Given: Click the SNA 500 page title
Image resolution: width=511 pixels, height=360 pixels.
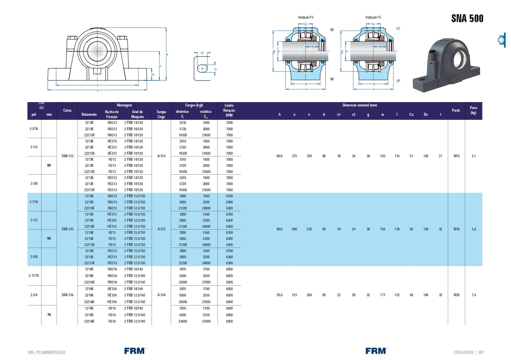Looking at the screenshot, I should click(467, 18).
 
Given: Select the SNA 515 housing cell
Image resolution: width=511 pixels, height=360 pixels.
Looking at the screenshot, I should click(67, 229).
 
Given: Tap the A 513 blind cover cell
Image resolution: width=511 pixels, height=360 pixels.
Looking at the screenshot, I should click(161, 156).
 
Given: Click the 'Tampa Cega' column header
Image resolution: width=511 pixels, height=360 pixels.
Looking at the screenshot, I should click(161, 114).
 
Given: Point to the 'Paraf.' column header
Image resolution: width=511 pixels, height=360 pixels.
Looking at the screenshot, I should click(456, 110).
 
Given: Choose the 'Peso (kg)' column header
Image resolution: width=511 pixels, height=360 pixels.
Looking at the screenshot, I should click(473, 110).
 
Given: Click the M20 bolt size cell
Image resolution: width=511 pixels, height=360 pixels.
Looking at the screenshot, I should click(457, 295).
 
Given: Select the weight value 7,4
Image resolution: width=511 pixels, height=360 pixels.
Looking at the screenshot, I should click(474, 295).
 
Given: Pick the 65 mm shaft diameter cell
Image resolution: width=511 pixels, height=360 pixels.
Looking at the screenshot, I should click(49, 238).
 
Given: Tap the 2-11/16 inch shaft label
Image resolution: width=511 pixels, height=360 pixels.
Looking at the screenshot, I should click(34, 276).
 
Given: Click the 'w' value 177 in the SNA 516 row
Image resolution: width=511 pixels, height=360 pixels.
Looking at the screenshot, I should click(383, 295).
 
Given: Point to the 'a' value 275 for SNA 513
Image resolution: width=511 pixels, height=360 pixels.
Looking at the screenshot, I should click(294, 156).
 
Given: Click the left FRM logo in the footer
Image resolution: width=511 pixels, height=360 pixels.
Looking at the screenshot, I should click(135, 351).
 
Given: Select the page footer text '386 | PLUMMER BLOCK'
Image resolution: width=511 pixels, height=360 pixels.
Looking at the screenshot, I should click(46, 352).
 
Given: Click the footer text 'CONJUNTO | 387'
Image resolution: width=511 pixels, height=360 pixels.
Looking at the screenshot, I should click(469, 352).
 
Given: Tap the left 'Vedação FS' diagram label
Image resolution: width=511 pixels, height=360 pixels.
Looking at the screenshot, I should click(306, 17).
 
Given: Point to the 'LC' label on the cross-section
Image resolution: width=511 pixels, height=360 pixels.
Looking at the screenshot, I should click(398, 28).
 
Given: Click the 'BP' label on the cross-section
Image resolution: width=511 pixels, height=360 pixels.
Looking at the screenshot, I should click(332, 79).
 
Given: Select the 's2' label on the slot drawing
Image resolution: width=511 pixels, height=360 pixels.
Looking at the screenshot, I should click(202, 53).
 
